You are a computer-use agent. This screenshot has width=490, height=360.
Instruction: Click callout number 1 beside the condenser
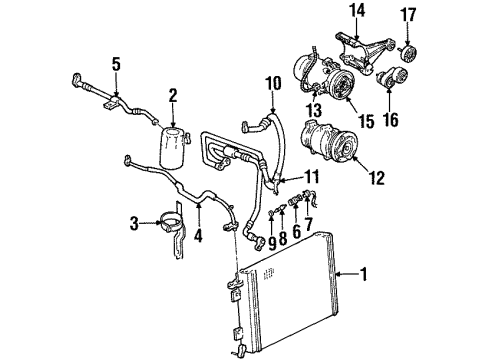pos(364,273)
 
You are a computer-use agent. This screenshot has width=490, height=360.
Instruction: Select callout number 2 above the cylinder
pos(173,96)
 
